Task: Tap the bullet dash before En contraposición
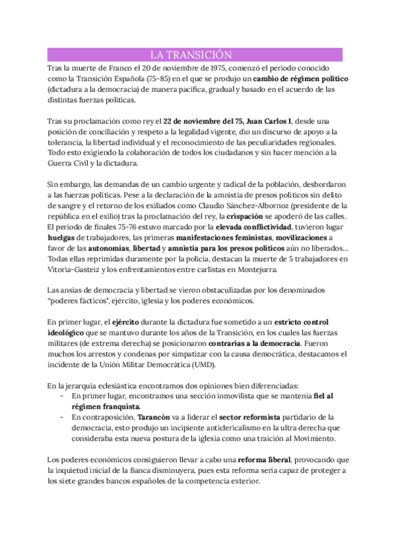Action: tap(61, 417)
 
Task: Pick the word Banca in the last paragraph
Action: tap(152, 470)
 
